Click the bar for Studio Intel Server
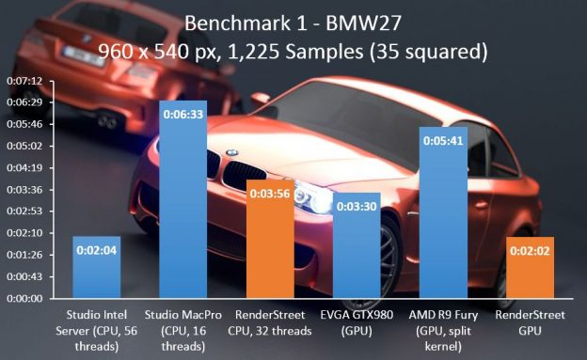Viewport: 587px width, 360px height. coord(96,267)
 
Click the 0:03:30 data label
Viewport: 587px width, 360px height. coord(357,206)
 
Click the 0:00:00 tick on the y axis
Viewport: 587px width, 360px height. coord(29,298)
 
